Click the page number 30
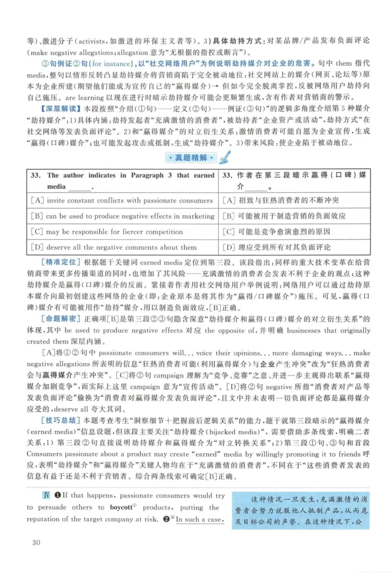point(36,543)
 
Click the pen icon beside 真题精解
point(225,157)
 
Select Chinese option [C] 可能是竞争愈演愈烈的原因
point(276,232)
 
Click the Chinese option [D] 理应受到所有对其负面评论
point(276,247)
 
